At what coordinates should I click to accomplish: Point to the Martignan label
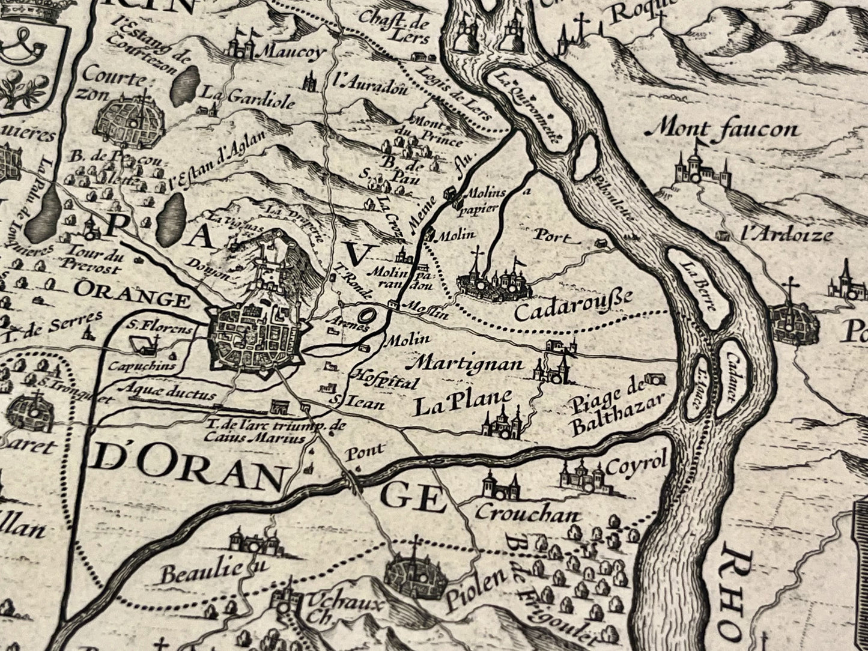coord(470,364)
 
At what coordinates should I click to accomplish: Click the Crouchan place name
coord(528,513)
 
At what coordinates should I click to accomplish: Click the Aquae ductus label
coord(166,393)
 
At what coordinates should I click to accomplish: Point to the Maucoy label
coord(291,52)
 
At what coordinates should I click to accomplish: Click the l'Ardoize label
coord(787,234)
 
